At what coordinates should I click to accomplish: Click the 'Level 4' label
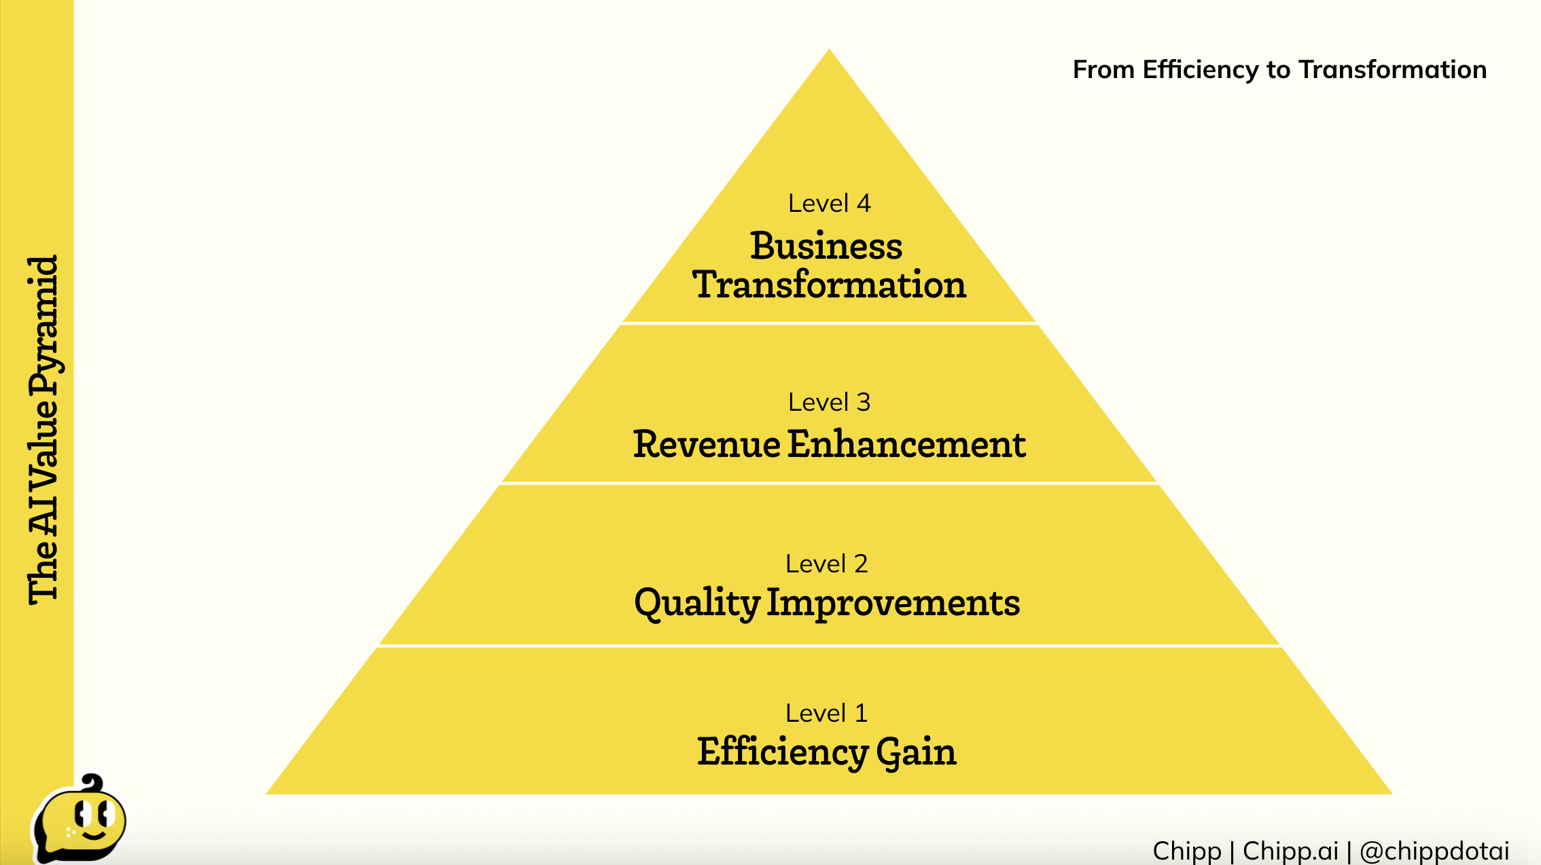(829, 203)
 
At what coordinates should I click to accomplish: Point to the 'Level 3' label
(829, 402)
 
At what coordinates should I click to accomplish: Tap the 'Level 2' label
(826, 564)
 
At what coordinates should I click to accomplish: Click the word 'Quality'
(696, 604)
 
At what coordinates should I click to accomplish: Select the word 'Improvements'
(893, 602)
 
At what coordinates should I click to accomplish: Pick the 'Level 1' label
(826, 713)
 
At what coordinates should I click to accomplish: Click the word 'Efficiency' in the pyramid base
(783, 752)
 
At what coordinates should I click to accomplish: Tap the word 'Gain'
(917, 752)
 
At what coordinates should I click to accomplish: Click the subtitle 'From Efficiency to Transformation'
(1279, 69)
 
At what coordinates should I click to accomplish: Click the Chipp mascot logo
(79, 819)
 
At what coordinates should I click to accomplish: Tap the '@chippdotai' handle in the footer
(1434, 851)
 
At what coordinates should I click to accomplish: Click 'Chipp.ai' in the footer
(1290, 851)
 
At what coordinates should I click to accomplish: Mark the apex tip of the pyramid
(829, 49)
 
